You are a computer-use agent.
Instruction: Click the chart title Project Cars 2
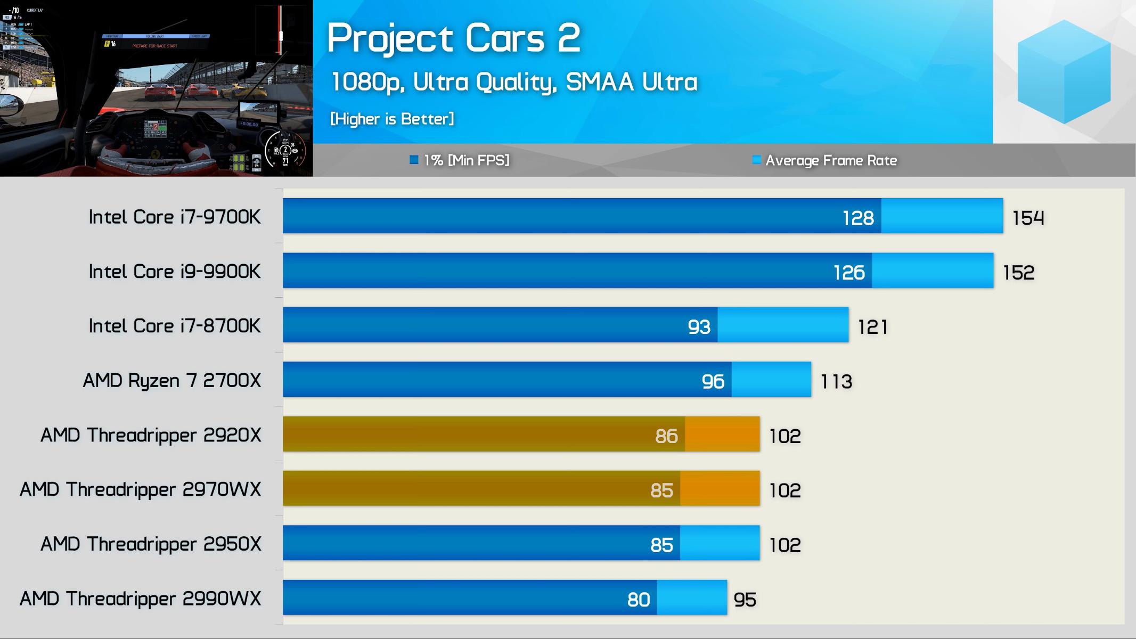click(x=453, y=38)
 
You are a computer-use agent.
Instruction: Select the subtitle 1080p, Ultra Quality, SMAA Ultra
click(x=514, y=82)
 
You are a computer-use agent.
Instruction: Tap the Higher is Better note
click(x=392, y=119)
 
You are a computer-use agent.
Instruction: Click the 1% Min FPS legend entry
click(x=460, y=160)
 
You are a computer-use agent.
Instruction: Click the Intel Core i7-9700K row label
click(x=175, y=217)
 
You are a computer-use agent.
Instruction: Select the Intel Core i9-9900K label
click(x=175, y=272)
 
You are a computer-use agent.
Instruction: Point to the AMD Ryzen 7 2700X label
click(x=172, y=381)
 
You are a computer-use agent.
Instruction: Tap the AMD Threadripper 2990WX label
click(x=141, y=599)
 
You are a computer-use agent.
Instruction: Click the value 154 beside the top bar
click(x=1028, y=218)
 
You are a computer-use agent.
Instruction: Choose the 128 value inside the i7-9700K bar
click(x=858, y=218)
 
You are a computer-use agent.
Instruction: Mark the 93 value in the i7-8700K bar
click(x=699, y=326)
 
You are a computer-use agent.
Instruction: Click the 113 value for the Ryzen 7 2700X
click(x=836, y=381)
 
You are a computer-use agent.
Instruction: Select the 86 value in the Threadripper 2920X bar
click(x=666, y=436)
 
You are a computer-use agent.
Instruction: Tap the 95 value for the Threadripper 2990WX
click(x=745, y=600)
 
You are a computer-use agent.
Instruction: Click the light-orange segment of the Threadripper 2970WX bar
click(x=720, y=488)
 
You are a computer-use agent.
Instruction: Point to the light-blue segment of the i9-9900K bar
click(x=932, y=271)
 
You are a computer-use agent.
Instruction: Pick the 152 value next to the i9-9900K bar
click(x=1018, y=273)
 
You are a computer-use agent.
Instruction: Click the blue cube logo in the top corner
click(x=1064, y=72)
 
